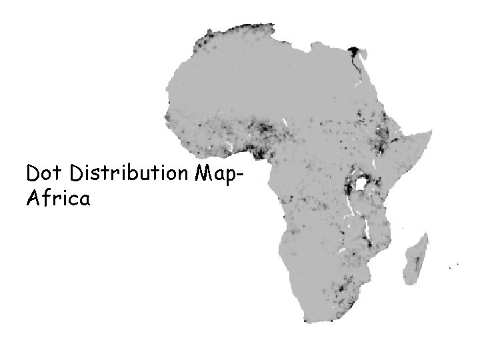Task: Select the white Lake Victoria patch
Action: click(363, 181)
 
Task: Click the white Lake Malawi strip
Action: click(365, 233)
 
